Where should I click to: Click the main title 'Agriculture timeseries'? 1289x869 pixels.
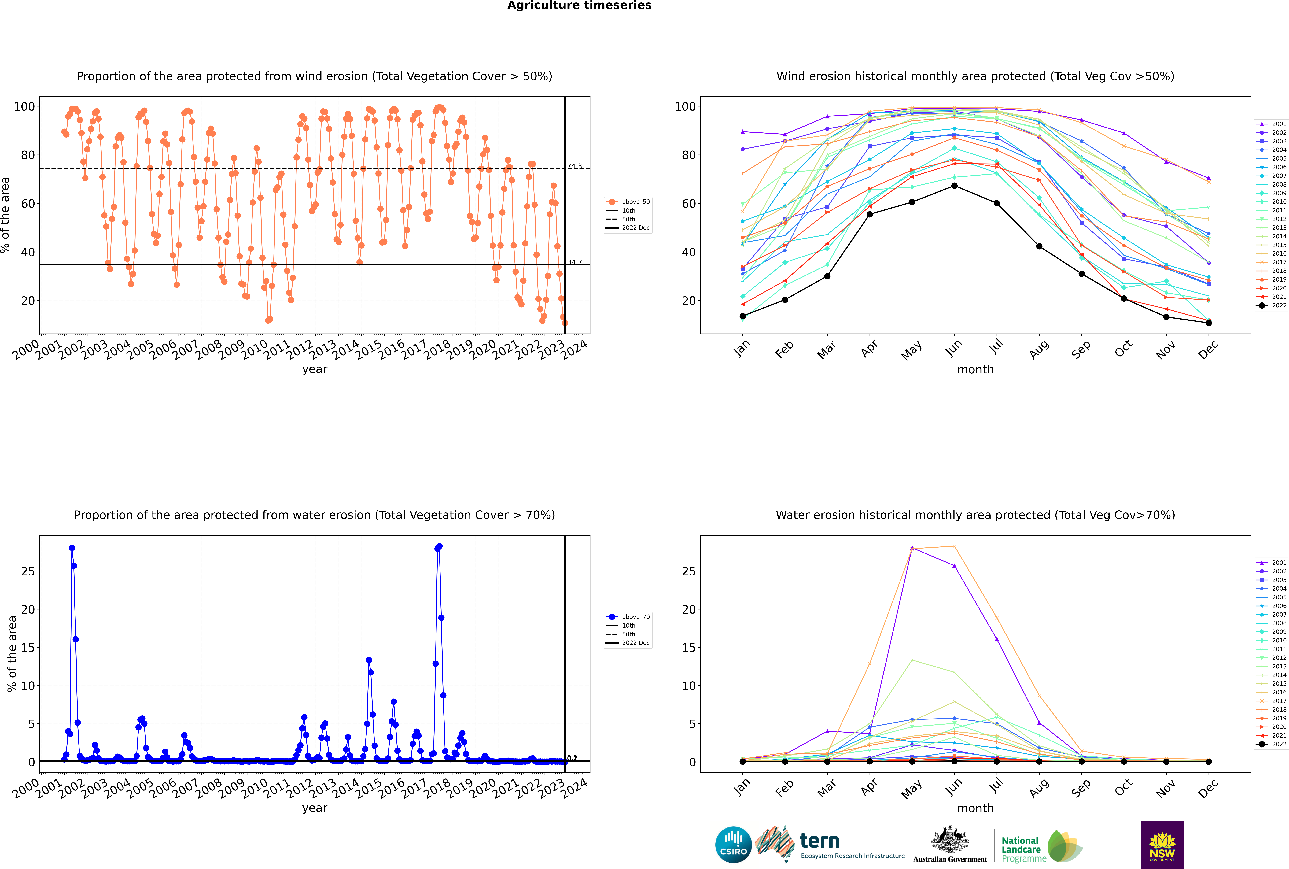579,6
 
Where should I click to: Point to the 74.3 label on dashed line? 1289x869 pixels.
574,166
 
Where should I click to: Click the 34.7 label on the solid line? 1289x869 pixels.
574,262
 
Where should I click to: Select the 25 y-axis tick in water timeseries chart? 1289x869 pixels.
28,571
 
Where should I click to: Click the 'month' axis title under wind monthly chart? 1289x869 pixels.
975,370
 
